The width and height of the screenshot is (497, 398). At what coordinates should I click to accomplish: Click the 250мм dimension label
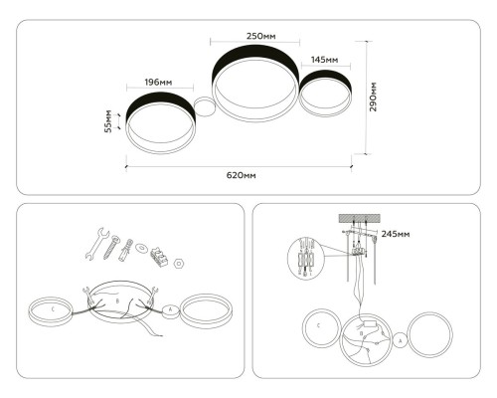pyautogui.click(x=261, y=36)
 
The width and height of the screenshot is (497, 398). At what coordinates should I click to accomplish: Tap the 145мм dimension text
pyautogui.click(x=325, y=60)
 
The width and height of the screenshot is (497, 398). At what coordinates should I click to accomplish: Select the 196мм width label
pyautogui.click(x=158, y=82)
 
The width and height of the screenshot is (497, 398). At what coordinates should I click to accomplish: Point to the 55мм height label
pyautogui.click(x=108, y=121)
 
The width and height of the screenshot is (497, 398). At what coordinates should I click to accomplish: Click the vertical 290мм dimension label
pyautogui.click(x=373, y=97)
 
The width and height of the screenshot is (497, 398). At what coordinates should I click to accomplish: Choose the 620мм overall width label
pyautogui.click(x=242, y=175)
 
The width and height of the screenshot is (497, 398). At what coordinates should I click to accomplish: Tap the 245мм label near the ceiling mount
pyautogui.click(x=396, y=234)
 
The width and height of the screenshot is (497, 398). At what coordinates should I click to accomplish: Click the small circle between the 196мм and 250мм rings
pyautogui.click(x=205, y=106)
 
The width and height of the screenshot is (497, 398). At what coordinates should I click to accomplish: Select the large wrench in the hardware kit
pyautogui.click(x=96, y=244)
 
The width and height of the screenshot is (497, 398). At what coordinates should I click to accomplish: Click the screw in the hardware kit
pyautogui.click(x=111, y=247)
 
